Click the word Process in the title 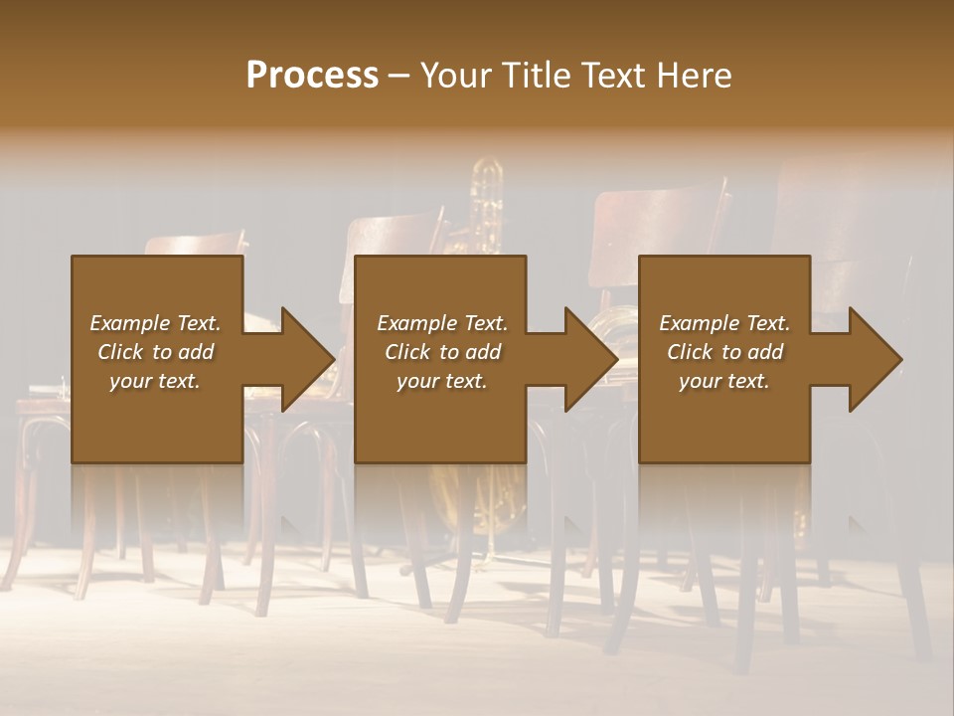pos(312,76)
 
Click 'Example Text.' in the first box pos(155,323)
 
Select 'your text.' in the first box pos(155,381)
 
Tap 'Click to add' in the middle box pos(442,352)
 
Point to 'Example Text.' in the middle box pos(442,323)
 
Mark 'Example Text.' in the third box pos(724,323)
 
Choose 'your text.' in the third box pos(724,381)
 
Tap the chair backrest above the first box pos(195,246)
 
